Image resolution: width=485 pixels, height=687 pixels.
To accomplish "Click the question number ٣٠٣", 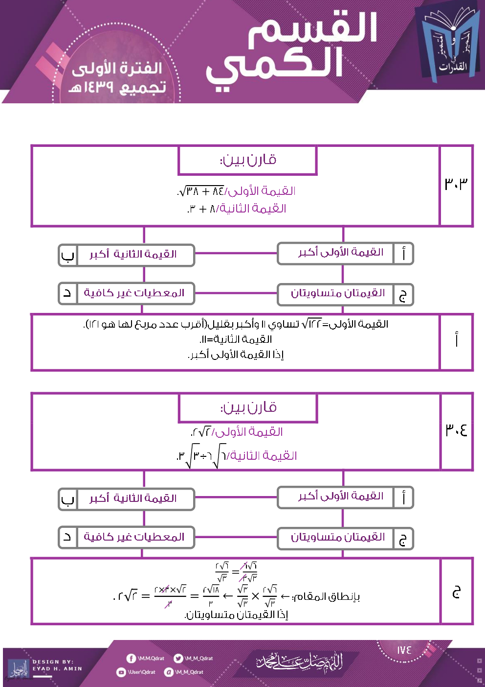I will click(x=456, y=184).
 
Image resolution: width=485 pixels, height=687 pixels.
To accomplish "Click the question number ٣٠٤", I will click(x=456, y=430).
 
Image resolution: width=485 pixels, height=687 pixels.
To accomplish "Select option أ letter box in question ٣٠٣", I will click(x=403, y=254).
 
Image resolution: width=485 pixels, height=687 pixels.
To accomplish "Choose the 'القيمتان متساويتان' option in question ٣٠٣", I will click(x=337, y=294).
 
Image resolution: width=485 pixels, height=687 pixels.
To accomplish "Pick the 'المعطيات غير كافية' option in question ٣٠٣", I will click(x=134, y=293).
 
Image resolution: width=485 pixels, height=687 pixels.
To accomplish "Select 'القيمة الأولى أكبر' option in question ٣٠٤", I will click(x=340, y=497).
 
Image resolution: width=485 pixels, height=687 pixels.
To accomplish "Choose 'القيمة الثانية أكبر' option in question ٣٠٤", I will click(x=133, y=498).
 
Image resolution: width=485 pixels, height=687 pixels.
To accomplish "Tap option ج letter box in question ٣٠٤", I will click(x=403, y=539).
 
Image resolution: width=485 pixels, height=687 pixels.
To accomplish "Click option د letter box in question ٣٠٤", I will click(x=67, y=537).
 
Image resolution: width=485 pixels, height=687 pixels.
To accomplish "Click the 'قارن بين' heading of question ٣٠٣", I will click(x=248, y=160).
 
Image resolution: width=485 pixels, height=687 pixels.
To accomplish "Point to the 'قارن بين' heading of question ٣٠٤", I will click(x=248, y=407).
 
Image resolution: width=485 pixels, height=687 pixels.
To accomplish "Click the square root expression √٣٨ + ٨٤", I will click(x=201, y=191).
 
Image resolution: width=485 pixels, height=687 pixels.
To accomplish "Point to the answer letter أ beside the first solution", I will click(x=456, y=340).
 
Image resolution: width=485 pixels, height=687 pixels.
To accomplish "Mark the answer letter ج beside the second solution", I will click(x=456, y=592).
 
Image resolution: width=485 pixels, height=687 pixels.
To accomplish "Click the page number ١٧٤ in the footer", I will click(x=404, y=650).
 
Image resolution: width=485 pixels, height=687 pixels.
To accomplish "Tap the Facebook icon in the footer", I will click(x=131, y=659).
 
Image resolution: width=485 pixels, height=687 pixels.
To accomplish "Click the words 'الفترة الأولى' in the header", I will click(x=117, y=69).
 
